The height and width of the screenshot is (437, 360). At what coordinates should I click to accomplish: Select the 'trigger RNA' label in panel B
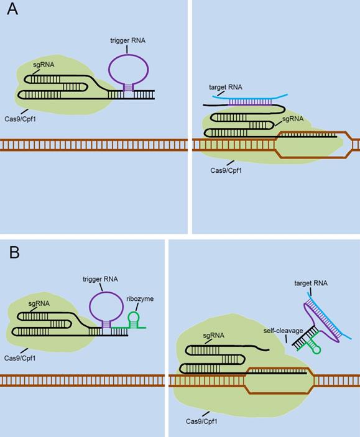tap(100, 279)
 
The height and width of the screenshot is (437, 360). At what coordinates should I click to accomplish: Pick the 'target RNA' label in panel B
tap(311, 283)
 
